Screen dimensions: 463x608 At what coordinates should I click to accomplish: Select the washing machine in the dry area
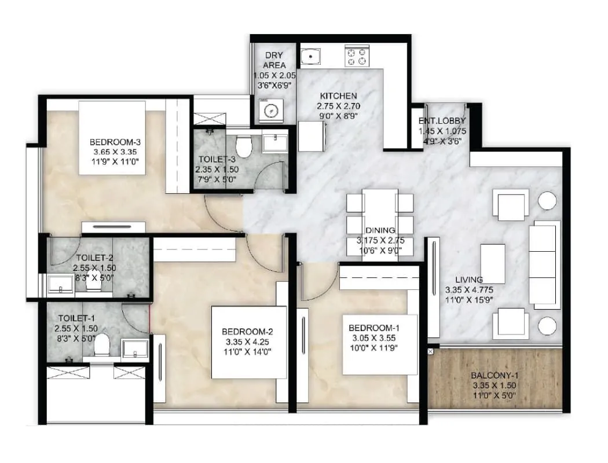(x=268, y=111)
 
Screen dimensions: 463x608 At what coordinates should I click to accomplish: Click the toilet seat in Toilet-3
(x=244, y=146)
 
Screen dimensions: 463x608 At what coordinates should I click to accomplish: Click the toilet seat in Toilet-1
(x=102, y=346)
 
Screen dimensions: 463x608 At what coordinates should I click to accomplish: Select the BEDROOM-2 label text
(x=247, y=332)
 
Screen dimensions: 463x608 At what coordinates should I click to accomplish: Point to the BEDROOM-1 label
(x=373, y=327)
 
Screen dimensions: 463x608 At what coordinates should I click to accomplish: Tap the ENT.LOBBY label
(x=442, y=122)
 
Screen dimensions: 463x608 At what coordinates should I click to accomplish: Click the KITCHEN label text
(x=339, y=95)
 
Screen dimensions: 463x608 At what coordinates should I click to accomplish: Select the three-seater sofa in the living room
(x=544, y=263)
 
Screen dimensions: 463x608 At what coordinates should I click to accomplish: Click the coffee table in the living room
(x=493, y=264)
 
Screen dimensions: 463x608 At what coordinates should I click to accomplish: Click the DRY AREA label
(x=274, y=60)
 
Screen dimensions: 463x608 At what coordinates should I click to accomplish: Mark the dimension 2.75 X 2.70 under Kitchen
(x=339, y=106)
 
